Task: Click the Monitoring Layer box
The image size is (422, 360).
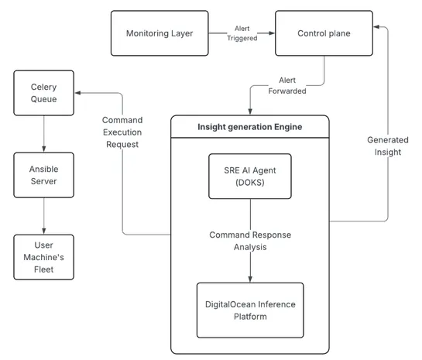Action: pos(160,33)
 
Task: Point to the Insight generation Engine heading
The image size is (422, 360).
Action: pos(249,127)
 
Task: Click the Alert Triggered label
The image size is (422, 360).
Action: pos(242,33)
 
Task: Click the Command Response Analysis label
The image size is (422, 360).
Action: pos(249,241)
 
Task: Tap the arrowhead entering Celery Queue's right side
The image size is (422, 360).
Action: pos(77,94)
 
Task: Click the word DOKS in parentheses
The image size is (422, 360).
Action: pos(249,184)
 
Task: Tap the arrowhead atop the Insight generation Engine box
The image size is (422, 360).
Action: pos(249,111)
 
